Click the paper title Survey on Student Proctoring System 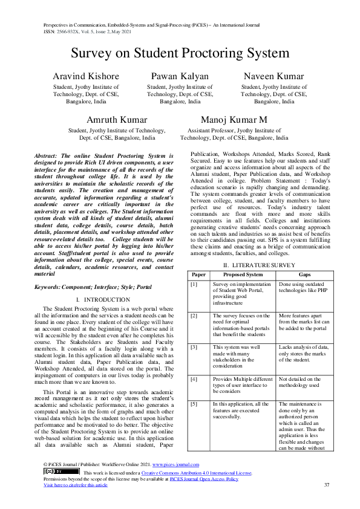click(180, 53)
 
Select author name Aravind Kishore click(85, 77)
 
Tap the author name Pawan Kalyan click(180, 77)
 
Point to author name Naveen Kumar click(273, 77)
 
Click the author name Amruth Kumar click(117, 120)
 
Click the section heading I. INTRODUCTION click(103, 300)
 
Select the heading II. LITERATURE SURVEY click(258, 265)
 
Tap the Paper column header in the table click(198, 274)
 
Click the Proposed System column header click(242, 274)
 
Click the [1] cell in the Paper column click(194, 284)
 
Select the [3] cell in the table click(194, 347)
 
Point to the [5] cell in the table click(194, 403)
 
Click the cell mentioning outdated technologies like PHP click(302, 287)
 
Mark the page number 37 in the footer click(327, 485)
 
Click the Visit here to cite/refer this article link click(76, 485)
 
